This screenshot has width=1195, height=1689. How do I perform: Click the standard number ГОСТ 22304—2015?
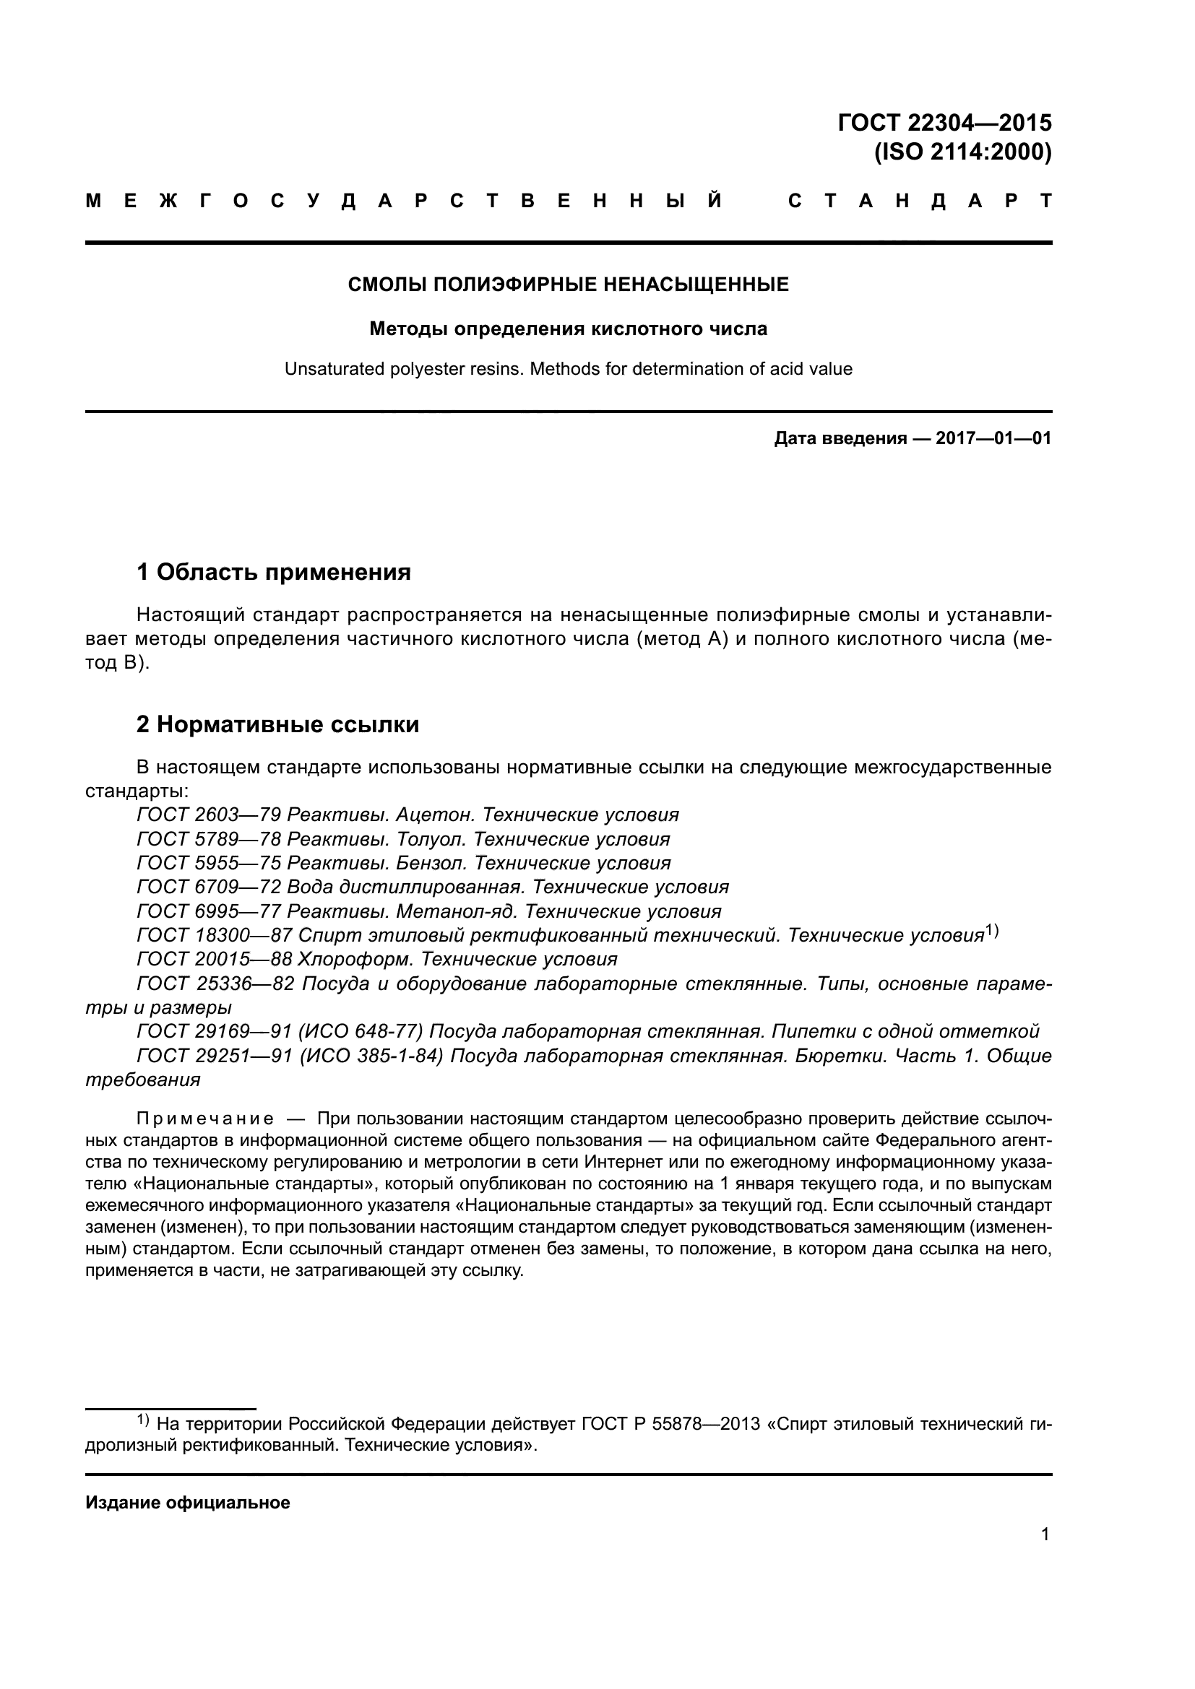[x=944, y=122]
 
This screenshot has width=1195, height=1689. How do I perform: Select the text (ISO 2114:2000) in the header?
[x=962, y=152]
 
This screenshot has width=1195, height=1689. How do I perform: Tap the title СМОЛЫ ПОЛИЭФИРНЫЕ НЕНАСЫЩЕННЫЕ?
[x=568, y=285]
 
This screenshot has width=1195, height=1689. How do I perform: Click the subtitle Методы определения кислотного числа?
[x=568, y=329]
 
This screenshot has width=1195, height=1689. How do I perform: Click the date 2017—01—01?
[x=993, y=439]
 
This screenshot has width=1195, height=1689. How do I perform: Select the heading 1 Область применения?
[x=274, y=572]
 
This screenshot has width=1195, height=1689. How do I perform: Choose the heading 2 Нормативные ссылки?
[x=277, y=724]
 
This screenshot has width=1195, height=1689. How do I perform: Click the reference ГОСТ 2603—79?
[x=208, y=815]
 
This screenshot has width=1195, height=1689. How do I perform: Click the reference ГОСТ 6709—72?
[x=208, y=887]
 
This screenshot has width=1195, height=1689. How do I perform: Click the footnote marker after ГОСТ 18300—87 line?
[x=992, y=932]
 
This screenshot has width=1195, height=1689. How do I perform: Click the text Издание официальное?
[x=188, y=1503]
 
